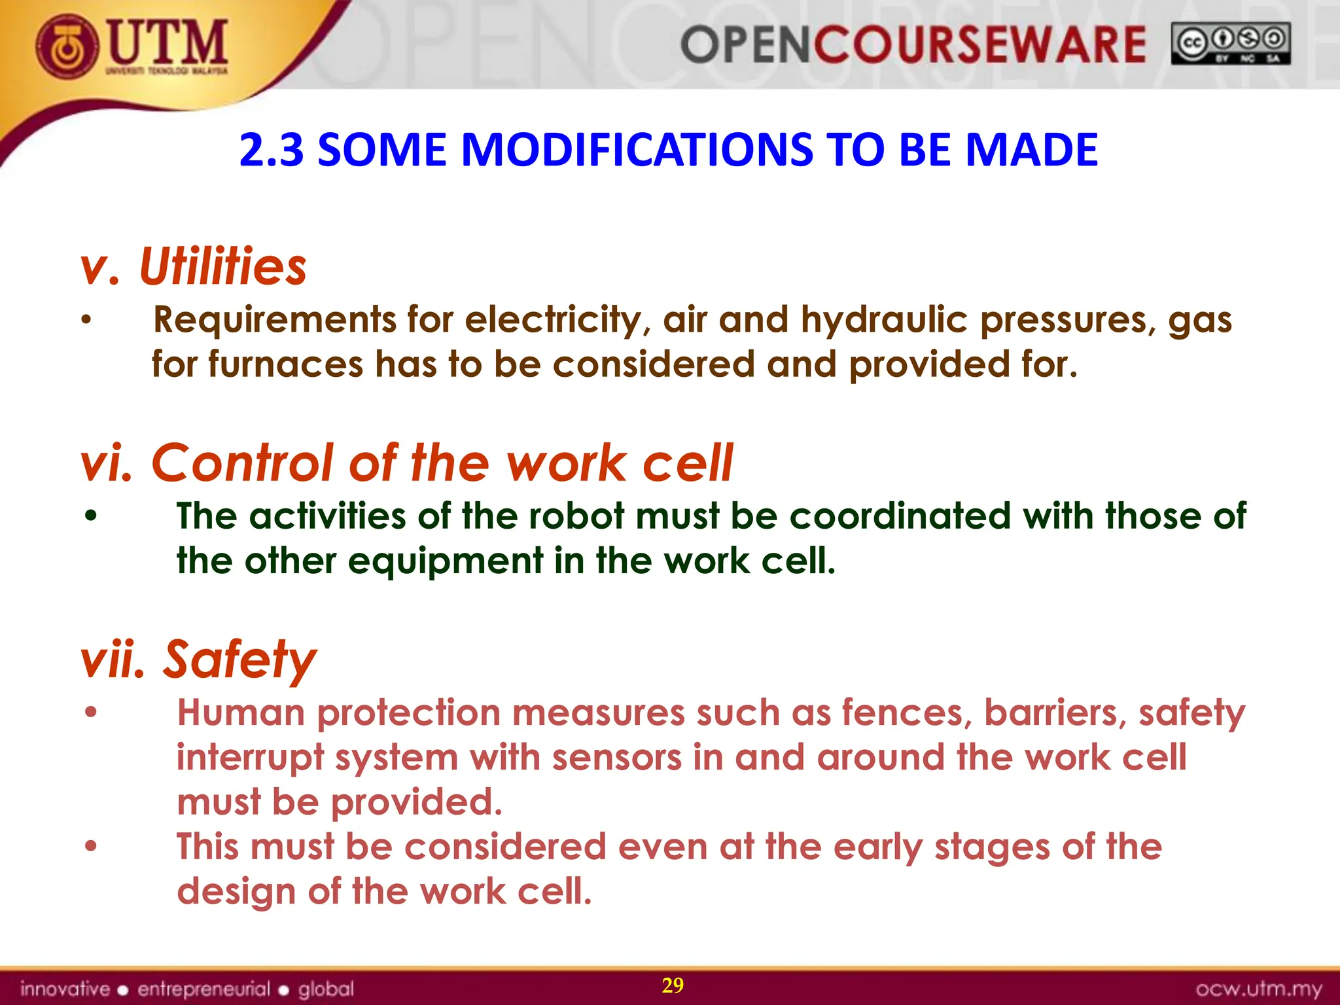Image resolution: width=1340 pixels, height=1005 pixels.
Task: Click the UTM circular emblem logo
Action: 67,46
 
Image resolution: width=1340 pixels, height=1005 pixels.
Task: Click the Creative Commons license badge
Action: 1230,44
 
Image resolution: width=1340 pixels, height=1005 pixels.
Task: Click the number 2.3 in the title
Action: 272,150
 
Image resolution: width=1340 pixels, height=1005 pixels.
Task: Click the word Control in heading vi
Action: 242,463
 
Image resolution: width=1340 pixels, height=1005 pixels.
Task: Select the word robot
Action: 576,516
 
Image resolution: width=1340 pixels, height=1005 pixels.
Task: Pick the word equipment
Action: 445,561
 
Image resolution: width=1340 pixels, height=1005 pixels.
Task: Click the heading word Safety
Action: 239,660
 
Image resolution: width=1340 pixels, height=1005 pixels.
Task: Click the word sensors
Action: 616,758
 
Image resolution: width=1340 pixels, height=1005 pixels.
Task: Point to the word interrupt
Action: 250,758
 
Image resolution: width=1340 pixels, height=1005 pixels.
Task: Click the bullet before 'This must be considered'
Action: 91,846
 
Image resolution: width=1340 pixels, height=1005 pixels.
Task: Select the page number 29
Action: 673,985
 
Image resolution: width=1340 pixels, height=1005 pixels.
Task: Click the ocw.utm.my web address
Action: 1259,989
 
